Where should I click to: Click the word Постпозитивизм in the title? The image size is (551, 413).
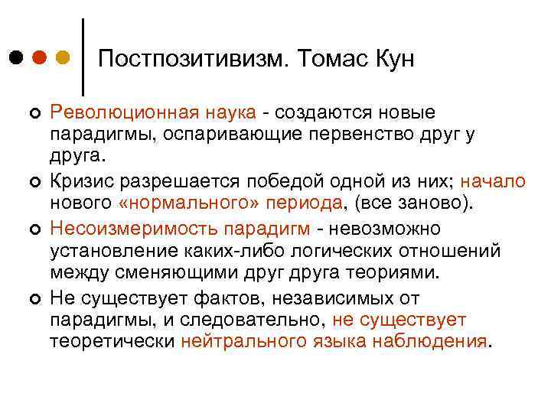192,59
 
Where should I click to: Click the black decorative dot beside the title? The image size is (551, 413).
17,57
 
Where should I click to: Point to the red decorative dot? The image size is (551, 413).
40,57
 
